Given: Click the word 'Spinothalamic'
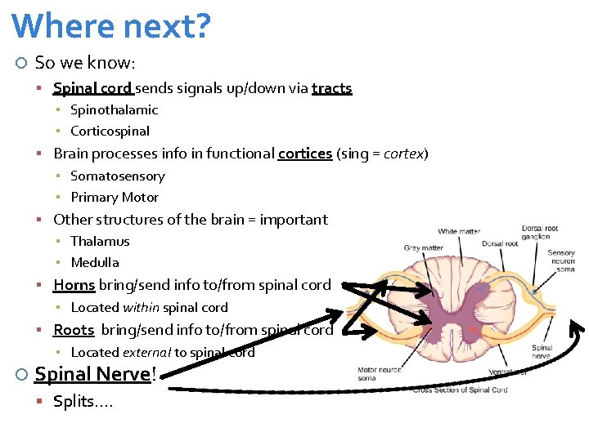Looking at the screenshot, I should tap(114, 109).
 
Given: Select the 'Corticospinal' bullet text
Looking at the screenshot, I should tap(110, 131).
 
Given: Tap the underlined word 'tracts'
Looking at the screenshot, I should tap(331, 88).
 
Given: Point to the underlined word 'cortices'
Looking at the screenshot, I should tap(304, 154).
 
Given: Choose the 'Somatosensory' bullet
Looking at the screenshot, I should tap(117, 176).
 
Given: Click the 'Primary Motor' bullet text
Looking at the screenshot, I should tap(115, 197).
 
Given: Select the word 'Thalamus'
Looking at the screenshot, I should tap(100, 241).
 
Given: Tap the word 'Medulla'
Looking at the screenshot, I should tap(95, 262).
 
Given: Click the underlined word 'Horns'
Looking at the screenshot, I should tap(74, 285).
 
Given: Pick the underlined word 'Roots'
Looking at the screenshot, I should tap(74, 330).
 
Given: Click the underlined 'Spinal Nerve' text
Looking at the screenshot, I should tap(92, 375).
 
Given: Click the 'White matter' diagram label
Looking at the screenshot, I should tap(459, 232).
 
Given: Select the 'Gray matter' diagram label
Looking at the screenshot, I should tap(423, 247).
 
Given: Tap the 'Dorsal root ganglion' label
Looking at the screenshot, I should tap(541, 232).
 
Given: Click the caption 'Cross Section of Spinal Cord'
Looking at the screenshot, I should tap(461, 390).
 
